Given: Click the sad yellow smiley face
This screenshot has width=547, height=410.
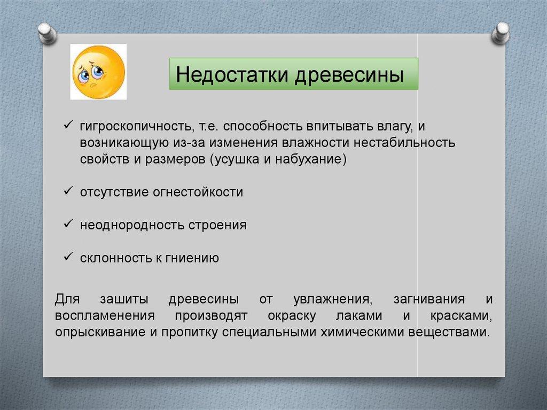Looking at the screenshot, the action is point(98,72).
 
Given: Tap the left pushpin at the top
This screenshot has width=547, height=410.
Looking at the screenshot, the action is point(48,34).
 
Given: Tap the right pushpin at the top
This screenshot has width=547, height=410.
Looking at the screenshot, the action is point(501,33).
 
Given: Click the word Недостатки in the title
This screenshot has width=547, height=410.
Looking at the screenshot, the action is point(232,74).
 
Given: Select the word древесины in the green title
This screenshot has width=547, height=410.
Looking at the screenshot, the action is point(349,75).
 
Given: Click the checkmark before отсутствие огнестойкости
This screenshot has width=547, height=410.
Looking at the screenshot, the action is point(68,191).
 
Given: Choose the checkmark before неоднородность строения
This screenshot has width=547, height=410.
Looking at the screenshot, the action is point(68,223).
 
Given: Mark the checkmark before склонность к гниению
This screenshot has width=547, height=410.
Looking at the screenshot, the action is point(68,257).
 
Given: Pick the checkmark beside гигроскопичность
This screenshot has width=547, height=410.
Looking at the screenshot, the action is point(68,125).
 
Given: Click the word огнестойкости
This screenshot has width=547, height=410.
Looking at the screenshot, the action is point(198,192).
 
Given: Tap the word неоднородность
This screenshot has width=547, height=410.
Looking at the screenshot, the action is point(132,225).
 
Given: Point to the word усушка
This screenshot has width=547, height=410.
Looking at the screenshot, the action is point(236,159).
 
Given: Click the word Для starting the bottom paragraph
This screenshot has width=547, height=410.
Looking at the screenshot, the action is point(67,299).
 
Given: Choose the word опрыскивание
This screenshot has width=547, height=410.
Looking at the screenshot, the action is point(100,332).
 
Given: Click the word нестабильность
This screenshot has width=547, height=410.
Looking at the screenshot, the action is point(405,143).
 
